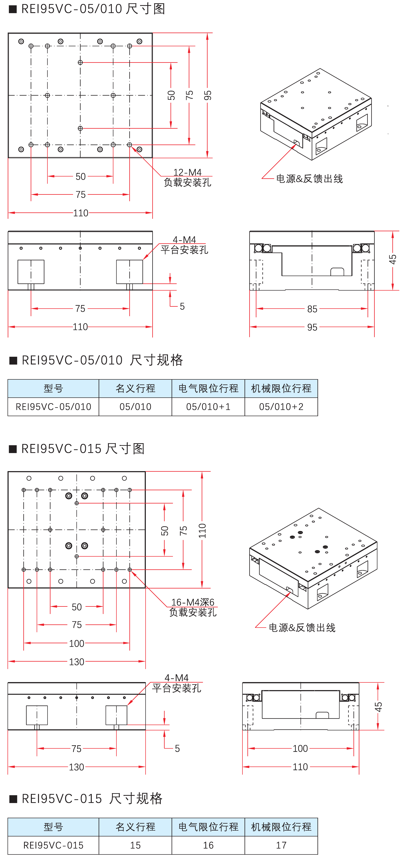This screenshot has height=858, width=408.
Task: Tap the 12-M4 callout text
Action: pos(187,172)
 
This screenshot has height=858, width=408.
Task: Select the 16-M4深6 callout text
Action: pos(193,602)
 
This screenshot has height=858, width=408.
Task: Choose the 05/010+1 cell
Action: pos(208,407)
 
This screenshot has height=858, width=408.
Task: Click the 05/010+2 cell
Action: pos(281,407)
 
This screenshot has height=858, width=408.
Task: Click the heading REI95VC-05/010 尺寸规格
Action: pos(102,360)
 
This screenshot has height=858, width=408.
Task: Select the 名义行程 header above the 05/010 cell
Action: pos(135,388)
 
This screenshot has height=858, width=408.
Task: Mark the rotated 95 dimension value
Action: pos(208,95)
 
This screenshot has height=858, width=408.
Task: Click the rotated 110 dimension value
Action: pos(202,531)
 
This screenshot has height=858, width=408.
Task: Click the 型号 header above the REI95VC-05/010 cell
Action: pos(53,388)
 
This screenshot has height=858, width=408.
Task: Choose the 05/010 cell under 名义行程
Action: pos(135,407)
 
